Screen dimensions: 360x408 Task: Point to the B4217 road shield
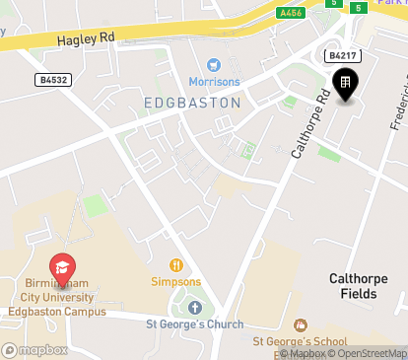coord(343,57)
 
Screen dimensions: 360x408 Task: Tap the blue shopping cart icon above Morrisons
coord(212,63)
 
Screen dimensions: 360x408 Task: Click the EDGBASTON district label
coord(191,102)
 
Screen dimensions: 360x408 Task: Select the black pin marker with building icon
coord(345,86)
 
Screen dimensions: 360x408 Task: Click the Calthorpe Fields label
coord(361,286)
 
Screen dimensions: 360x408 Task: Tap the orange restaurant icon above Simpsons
coord(177,264)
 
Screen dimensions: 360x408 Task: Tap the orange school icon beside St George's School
coord(301,324)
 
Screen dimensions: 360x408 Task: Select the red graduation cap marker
coord(62,267)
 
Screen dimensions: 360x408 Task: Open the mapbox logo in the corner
coord(35,350)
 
